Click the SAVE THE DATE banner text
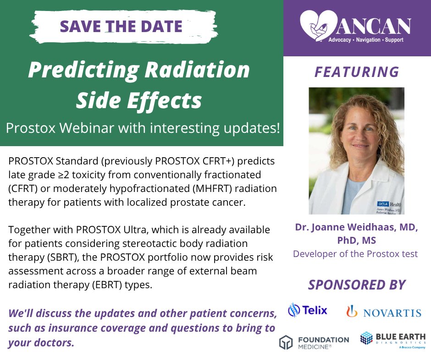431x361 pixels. (121, 26)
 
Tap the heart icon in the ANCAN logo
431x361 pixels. (315, 27)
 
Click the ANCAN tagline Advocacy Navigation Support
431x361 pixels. (365, 40)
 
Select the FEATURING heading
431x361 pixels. (357, 72)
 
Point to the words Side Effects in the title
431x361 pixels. (139, 100)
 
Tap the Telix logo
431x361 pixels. (308, 311)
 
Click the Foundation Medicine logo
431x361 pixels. (314, 342)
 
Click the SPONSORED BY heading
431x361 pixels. (357, 284)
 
